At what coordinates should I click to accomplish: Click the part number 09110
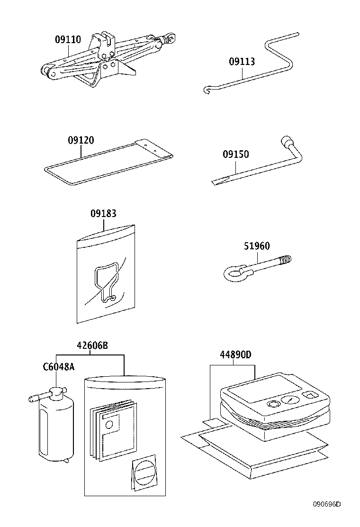(68, 40)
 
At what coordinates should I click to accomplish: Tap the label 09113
(242, 62)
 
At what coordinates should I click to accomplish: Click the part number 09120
(81, 140)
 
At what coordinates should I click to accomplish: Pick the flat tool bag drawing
(109, 161)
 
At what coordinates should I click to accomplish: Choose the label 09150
(236, 154)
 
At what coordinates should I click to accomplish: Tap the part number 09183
(103, 214)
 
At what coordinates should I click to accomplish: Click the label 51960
(257, 246)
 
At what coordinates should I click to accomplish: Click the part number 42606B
(92, 345)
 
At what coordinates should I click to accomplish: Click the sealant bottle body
(55, 429)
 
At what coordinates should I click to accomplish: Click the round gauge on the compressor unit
(288, 400)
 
